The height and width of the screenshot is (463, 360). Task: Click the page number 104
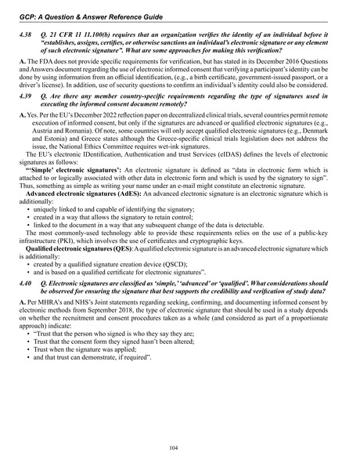180,446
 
